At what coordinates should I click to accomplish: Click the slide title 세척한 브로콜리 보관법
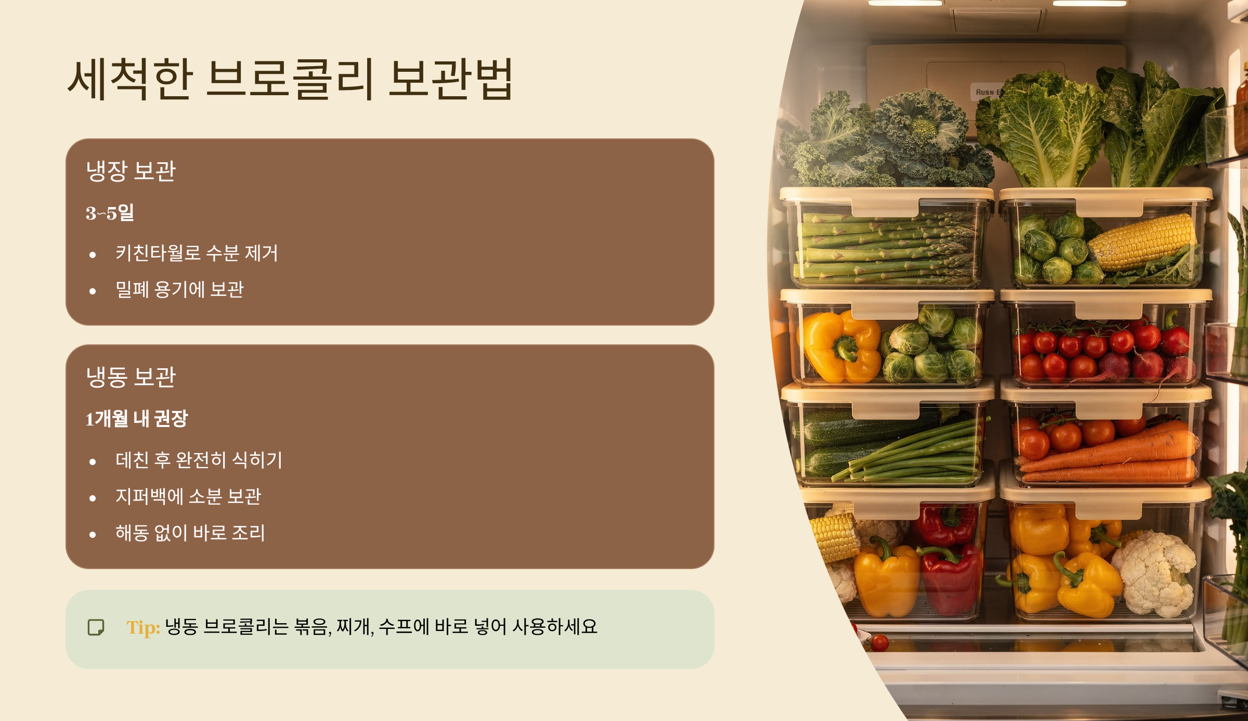click(x=290, y=79)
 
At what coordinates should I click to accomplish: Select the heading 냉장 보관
click(x=131, y=171)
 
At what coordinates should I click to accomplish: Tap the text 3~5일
click(x=110, y=213)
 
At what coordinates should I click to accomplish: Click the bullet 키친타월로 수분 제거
click(x=197, y=253)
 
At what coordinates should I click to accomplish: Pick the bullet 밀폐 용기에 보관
click(x=179, y=290)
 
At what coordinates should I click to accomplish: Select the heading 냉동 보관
click(x=131, y=377)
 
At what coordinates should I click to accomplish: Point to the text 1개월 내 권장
click(x=137, y=419)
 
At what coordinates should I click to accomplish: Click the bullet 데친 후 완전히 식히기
click(x=199, y=460)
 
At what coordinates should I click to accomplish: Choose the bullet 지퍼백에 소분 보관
click(x=188, y=496)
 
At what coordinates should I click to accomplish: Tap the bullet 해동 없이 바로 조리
click(x=190, y=533)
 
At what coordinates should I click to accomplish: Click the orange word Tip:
click(x=143, y=627)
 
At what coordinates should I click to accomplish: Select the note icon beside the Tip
click(x=96, y=627)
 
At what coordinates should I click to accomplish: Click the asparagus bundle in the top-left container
click(x=884, y=244)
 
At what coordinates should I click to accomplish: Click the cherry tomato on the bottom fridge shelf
click(x=880, y=643)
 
